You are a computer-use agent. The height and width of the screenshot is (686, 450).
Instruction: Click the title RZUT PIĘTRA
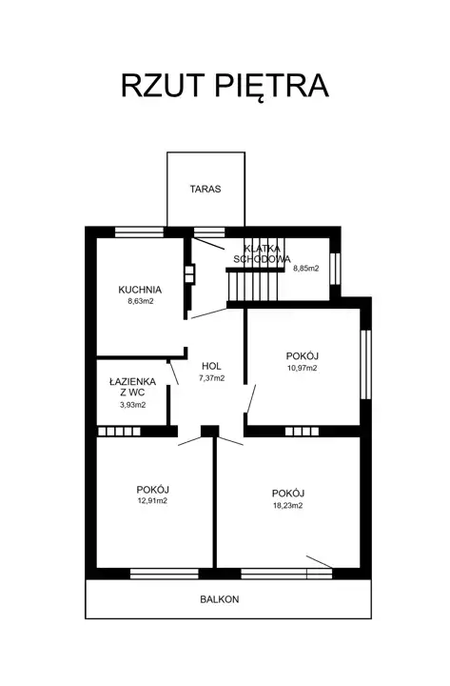click(225, 86)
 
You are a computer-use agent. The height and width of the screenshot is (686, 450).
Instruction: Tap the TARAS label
click(205, 189)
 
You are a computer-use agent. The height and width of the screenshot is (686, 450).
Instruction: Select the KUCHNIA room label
click(140, 290)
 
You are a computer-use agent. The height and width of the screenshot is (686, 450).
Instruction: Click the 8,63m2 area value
click(140, 301)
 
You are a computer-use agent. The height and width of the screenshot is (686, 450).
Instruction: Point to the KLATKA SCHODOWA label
click(262, 253)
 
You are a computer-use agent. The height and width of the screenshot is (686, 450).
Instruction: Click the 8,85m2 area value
click(305, 268)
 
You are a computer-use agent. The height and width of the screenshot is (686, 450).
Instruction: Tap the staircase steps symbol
click(252, 286)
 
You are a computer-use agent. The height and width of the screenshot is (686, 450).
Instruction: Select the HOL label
click(211, 366)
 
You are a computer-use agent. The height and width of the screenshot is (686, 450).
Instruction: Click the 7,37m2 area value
click(211, 378)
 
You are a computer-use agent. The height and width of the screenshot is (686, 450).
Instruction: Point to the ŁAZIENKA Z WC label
click(133, 387)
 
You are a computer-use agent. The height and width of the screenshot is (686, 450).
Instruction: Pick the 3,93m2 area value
click(133, 405)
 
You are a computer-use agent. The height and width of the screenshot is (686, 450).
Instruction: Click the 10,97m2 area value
click(302, 368)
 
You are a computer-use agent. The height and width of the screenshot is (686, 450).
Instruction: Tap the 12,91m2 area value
click(152, 501)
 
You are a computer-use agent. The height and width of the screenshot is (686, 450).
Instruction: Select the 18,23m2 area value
click(288, 505)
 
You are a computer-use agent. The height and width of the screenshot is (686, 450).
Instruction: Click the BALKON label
click(220, 599)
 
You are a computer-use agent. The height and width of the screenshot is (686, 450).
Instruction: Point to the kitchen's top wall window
click(139, 232)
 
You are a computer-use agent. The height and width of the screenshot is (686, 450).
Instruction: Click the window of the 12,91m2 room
click(165, 574)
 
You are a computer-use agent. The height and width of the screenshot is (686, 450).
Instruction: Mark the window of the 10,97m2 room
click(365, 364)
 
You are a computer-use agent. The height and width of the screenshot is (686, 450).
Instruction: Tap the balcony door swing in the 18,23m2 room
click(320, 562)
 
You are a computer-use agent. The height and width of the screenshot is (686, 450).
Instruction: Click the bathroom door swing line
click(173, 373)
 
